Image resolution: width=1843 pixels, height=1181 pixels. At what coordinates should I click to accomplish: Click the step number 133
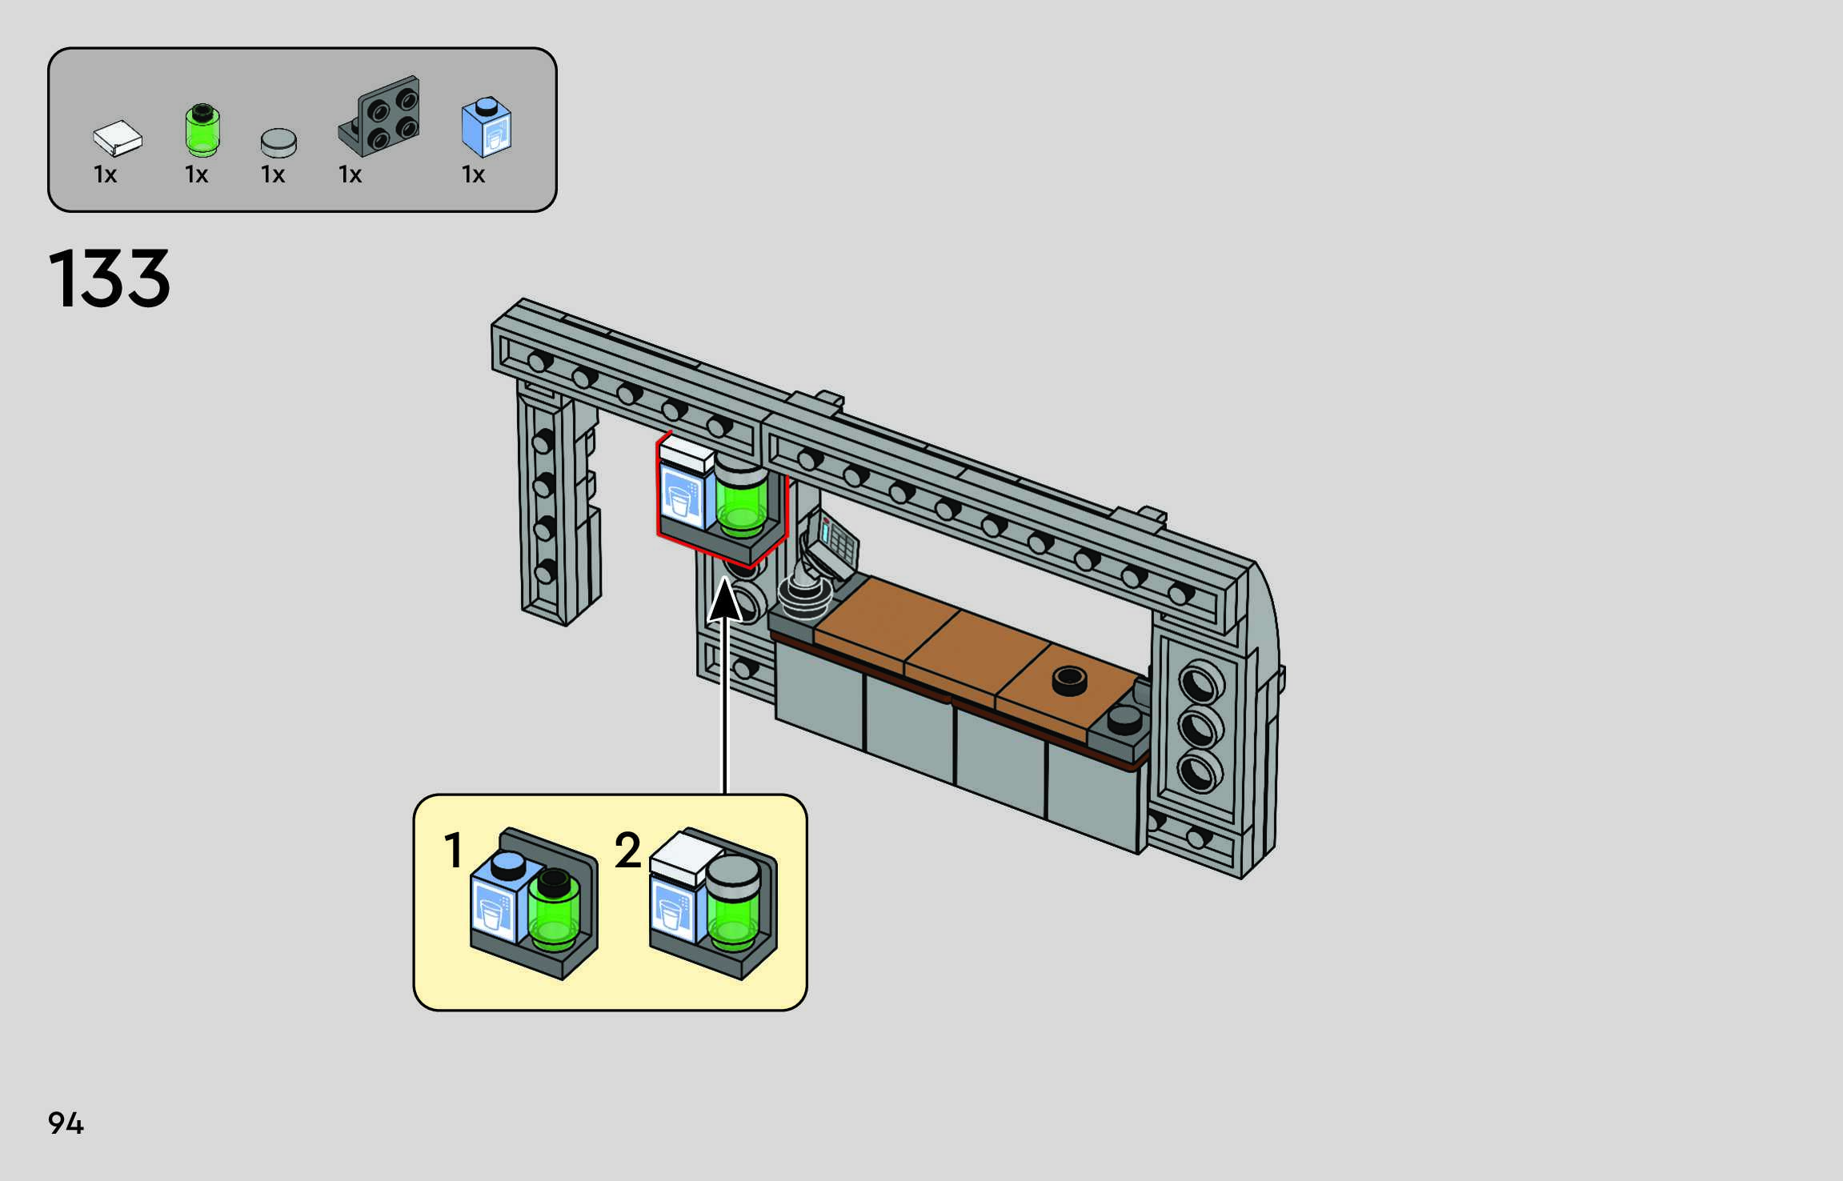click(110, 278)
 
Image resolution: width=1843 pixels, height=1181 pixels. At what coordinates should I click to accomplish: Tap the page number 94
click(66, 1123)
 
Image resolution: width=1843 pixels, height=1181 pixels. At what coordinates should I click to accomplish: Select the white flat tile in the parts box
click(118, 138)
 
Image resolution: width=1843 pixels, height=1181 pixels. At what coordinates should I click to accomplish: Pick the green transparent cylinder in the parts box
click(202, 130)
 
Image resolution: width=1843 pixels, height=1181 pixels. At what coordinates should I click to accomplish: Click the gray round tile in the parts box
click(278, 143)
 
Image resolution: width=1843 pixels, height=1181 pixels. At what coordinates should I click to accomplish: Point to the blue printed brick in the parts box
click(487, 127)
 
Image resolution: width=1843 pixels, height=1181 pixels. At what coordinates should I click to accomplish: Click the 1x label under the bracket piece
click(350, 174)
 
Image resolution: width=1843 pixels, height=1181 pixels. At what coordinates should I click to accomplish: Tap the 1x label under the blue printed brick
click(473, 174)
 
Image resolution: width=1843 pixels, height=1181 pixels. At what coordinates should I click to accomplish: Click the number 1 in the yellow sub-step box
click(454, 850)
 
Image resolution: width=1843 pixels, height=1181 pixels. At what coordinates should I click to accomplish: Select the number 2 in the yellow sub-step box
click(628, 850)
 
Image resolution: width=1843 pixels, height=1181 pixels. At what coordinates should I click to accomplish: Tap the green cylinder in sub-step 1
click(553, 909)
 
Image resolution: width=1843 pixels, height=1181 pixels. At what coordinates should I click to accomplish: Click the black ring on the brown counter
click(1069, 681)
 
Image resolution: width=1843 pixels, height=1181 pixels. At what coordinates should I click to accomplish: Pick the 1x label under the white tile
click(105, 174)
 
